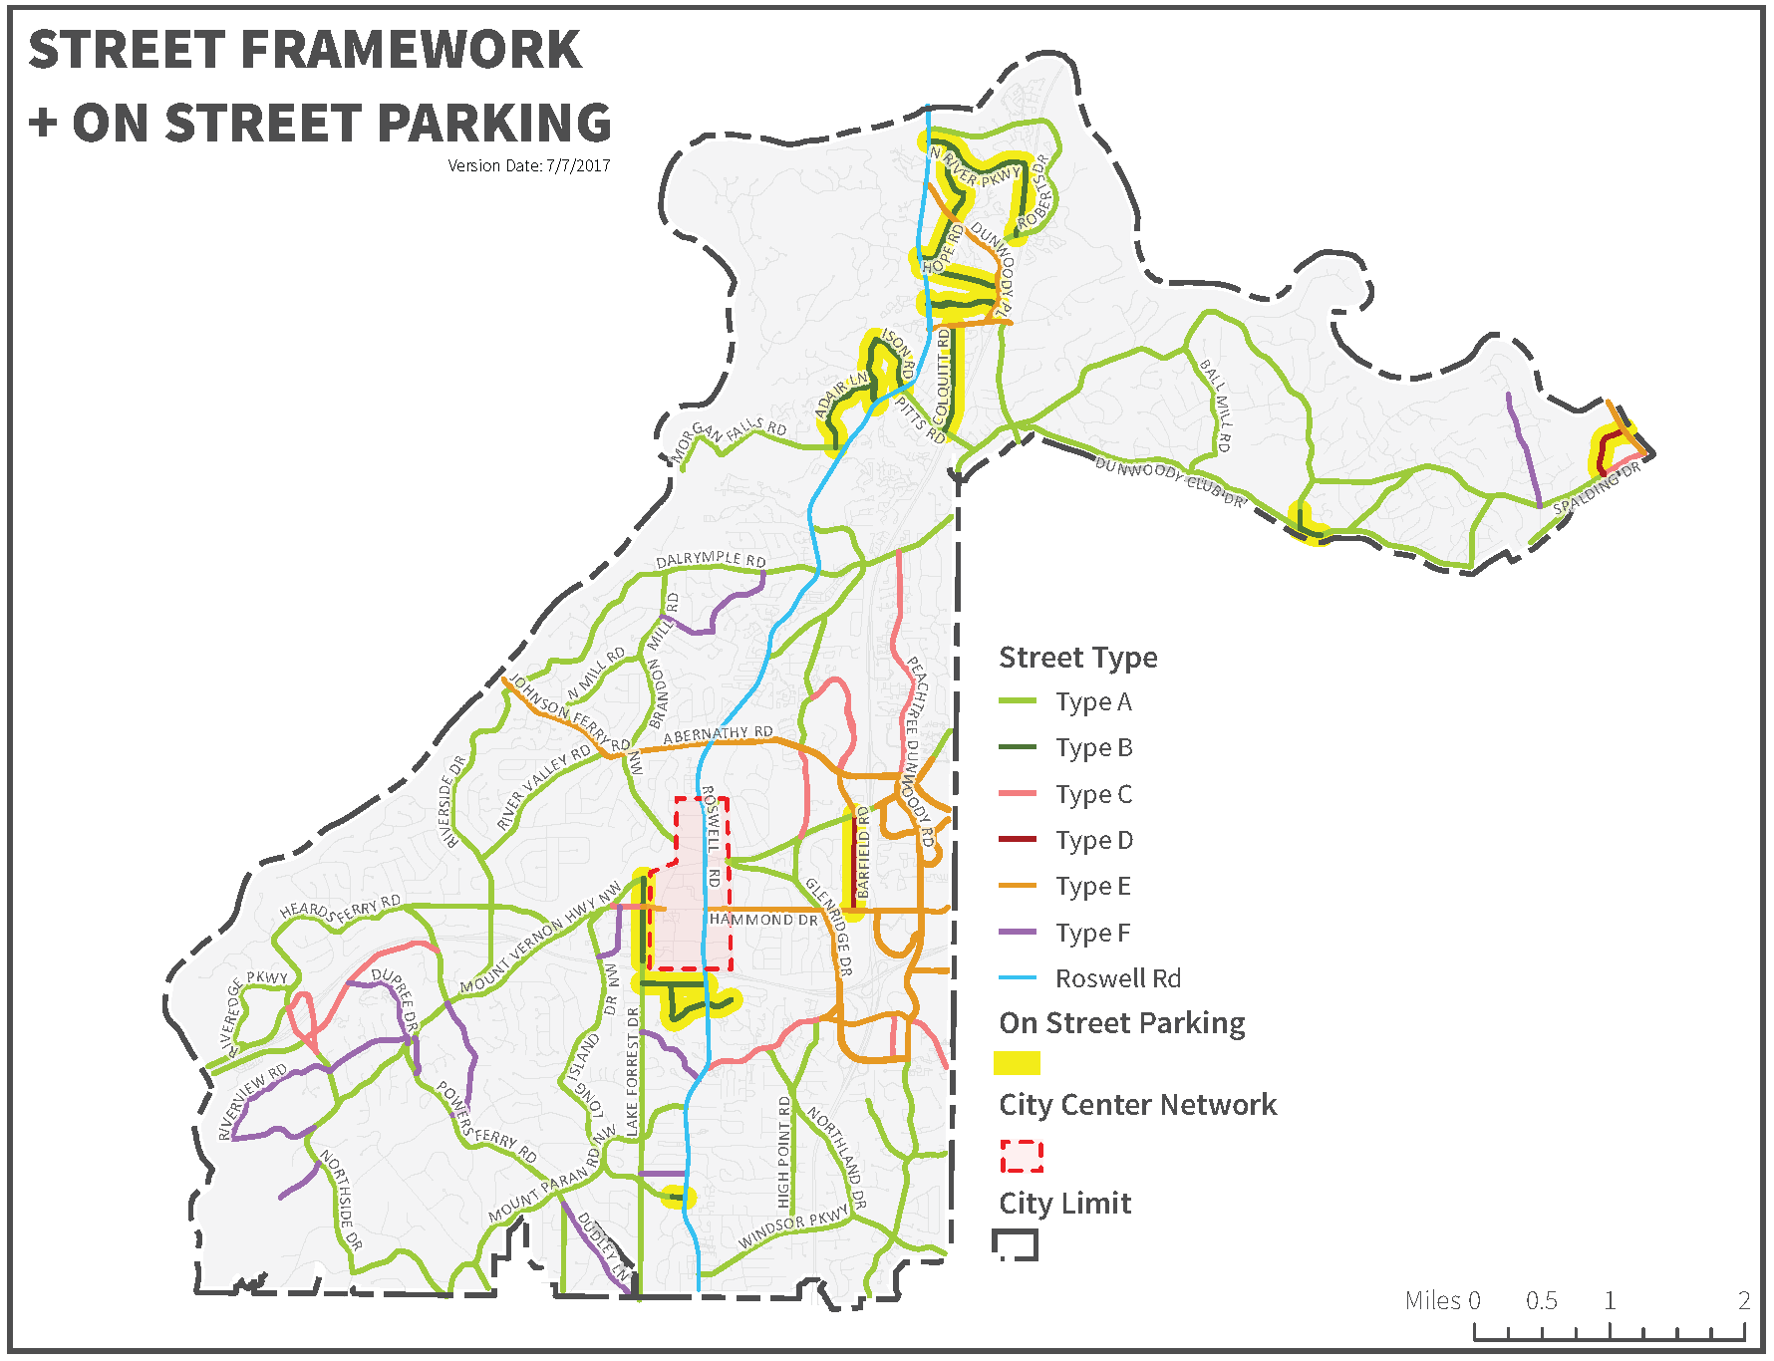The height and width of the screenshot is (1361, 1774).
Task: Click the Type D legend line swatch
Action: pyautogui.click(x=1018, y=840)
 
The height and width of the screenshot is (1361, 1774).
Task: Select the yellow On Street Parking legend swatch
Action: pyautogui.click(x=1017, y=1063)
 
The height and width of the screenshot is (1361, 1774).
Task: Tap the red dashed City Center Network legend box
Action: pyautogui.click(x=1022, y=1156)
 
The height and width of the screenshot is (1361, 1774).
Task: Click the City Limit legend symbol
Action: pyautogui.click(x=1016, y=1244)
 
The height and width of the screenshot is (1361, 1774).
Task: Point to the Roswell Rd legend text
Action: pyautogui.click(x=1117, y=978)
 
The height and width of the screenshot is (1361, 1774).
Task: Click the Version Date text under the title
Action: pyautogui.click(x=528, y=165)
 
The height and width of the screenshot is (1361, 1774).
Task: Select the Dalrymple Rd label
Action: pyautogui.click(x=711, y=560)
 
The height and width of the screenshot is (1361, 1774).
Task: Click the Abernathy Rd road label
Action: pyautogui.click(x=718, y=734)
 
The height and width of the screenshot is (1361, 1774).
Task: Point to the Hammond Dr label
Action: pyautogui.click(x=763, y=920)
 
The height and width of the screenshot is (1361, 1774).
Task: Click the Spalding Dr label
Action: pyautogui.click(x=1596, y=488)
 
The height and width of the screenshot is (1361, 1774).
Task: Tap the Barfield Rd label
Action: pyautogui.click(x=863, y=853)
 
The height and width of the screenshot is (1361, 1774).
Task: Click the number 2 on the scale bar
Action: pyautogui.click(x=1743, y=1300)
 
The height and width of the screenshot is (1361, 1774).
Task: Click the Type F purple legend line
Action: pyautogui.click(x=1018, y=933)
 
